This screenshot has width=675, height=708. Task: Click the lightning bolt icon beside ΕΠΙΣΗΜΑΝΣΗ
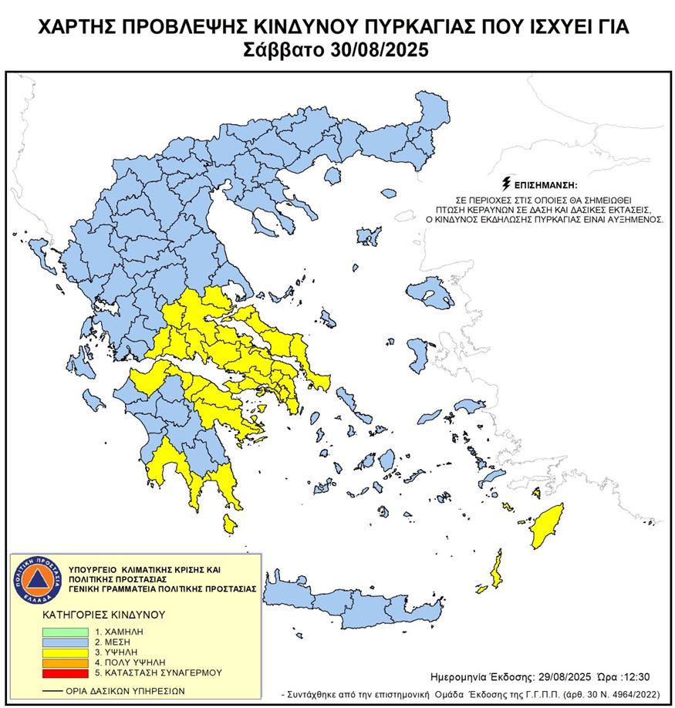[x=505, y=184]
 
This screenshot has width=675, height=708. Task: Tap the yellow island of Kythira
[x=229, y=524]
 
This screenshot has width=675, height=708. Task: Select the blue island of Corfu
[x=35, y=251]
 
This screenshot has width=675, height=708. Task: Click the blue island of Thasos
[x=332, y=177]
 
